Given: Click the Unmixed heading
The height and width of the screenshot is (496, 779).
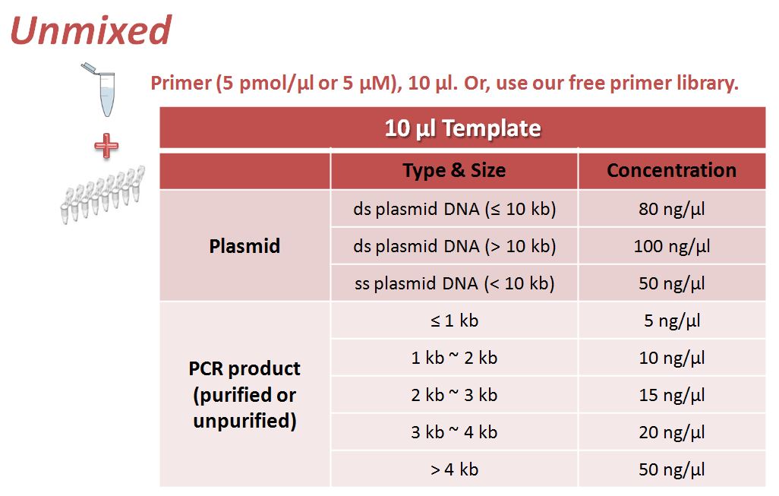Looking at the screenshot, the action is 90,30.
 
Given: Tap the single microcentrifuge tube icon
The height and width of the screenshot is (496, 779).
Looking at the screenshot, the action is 101,90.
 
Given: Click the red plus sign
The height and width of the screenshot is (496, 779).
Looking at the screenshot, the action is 106,146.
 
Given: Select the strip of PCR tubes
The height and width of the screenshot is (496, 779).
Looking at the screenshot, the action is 102,194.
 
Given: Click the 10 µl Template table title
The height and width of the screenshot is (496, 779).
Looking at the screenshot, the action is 462,128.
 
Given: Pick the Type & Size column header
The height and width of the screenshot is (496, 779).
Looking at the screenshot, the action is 454,170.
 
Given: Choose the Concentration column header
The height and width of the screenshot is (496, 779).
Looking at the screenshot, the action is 672,170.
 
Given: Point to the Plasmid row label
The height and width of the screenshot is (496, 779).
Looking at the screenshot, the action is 244,246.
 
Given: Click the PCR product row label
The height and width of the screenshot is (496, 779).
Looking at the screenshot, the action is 244,395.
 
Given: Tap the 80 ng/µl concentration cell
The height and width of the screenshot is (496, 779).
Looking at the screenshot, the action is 672,209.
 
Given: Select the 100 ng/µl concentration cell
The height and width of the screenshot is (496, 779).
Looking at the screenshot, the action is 672,246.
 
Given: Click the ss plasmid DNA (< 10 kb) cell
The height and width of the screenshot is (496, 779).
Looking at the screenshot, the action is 454,283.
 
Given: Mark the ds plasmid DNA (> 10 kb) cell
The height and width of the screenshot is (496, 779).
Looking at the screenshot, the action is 454,246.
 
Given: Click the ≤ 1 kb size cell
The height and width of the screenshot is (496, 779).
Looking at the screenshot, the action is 454,321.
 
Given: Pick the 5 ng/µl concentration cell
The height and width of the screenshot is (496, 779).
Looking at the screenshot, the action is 672,321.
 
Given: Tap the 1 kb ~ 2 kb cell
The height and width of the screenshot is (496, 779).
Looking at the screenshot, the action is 454,358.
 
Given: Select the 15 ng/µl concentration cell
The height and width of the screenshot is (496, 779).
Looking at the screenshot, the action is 672,395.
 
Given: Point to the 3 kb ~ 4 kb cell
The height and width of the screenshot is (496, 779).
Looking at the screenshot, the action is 454,432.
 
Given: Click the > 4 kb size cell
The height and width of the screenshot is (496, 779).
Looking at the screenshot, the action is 454,469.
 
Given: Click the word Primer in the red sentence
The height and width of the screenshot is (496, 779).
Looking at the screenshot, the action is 181,83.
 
